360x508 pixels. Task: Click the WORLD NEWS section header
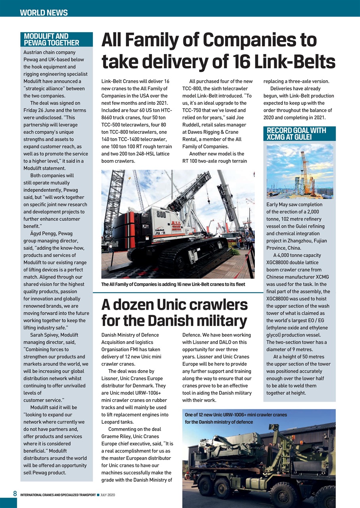click(x=44, y=12)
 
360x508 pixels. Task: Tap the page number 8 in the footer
click(x=14, y=494)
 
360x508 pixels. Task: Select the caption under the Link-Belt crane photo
click(x=173, y=284)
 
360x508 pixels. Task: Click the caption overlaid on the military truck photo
click(x=236, y=418)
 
